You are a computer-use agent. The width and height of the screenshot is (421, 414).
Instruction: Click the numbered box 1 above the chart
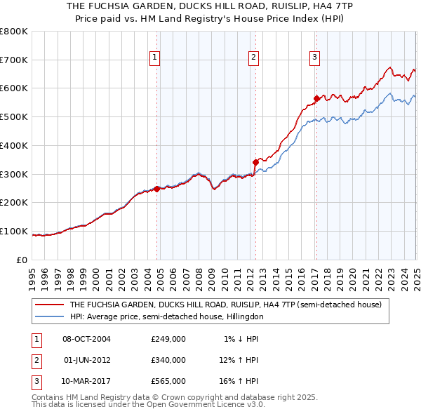point(154,58)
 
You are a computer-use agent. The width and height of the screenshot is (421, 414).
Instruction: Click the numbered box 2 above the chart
point(253,58)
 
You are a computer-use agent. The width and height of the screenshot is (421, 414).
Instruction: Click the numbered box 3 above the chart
point(315,58)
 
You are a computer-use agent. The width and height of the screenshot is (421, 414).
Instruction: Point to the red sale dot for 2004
point(156,188)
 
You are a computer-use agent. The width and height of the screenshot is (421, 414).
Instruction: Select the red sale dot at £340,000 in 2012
point(255,162)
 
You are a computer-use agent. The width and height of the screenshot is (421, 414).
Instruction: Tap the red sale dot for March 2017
point(316,98)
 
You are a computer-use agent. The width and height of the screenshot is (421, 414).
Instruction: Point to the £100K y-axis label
point(14,231)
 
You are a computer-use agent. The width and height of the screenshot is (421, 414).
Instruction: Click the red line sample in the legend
point(49,305)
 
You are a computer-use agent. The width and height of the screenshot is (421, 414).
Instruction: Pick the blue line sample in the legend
point(49,316)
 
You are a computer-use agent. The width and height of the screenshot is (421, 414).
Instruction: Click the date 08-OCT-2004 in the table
point(87,339)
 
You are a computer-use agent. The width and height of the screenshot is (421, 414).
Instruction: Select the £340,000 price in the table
point(168,360)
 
